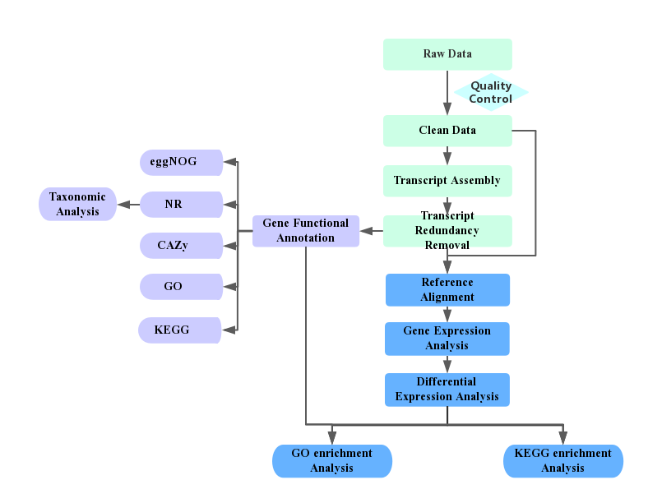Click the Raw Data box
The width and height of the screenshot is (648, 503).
point(447,54)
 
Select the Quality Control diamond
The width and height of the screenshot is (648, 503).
point(491,92)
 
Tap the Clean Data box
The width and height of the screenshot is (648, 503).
point(447,131)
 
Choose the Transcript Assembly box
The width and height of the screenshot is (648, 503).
point(447,181)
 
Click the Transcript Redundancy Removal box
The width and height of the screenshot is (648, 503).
point(447,231)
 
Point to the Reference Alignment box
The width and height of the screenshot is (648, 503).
point(447,290)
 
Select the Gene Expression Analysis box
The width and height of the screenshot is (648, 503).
point(447,339)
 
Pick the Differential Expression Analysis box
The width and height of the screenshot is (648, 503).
point(447,390)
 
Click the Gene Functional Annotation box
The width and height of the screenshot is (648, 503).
point(306,231)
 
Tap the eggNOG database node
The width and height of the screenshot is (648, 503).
point(181,162)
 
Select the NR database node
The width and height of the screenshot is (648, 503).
point(181,205)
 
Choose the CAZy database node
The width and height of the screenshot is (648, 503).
point(181,246)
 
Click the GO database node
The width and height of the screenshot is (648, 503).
point(181,287)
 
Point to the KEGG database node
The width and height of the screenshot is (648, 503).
point(180,330)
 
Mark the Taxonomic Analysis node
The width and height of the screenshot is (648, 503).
point(78,205)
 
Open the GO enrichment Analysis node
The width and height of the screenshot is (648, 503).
point(332,461)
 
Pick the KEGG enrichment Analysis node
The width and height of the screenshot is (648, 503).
point(563,461)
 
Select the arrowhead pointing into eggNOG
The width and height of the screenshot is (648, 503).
point(229,162)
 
